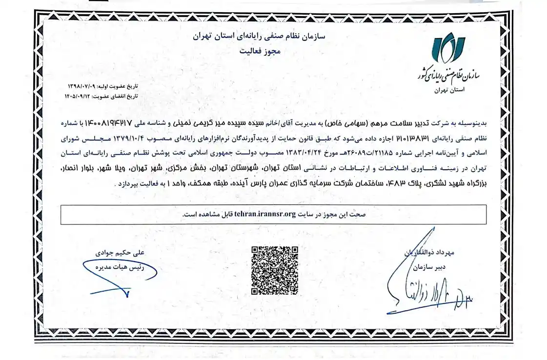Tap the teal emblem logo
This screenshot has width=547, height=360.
pos(447,50)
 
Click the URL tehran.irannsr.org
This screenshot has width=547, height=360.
pos(265,214)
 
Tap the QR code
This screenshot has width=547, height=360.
pos(275,271)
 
